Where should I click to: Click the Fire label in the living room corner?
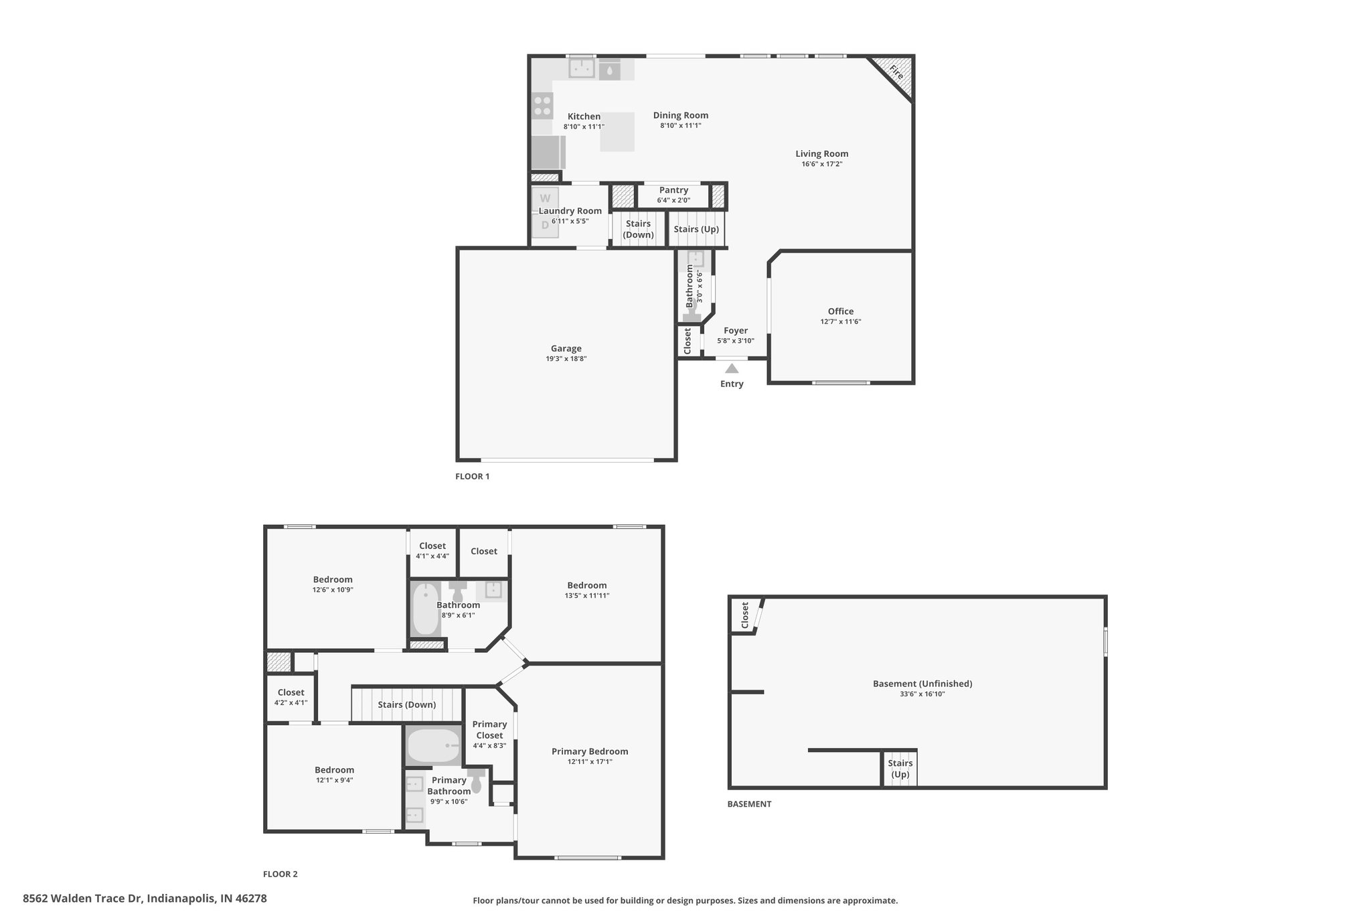tap(896, 72)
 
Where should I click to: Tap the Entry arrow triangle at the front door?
tap(732, 368)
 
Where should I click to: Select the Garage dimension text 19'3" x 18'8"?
tap(566, 359)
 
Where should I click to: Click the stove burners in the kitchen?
tap(542, 106)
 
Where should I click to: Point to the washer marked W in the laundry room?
tap(545, 198)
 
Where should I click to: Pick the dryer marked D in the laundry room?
tap(545, 226)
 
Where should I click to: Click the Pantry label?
tap(673, 190)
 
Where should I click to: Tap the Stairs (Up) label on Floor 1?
tap(696, 229)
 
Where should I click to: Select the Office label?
tap(841, 311)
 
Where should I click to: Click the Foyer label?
tap(736, 331)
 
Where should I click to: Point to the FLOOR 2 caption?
tap(280, 874)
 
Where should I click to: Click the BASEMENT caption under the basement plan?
tap(749, 804)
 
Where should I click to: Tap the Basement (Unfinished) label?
tap(922, 684)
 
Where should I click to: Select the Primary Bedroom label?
tap(590, 751)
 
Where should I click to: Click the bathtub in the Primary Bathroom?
tap(433, 746)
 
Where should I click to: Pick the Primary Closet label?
tap(489, 730)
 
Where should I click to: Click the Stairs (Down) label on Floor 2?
tap(407, 704)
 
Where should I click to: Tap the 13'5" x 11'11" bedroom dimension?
tap(587, 596)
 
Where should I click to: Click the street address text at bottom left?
tap(145, 899)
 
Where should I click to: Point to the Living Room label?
tap(822, 154)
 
